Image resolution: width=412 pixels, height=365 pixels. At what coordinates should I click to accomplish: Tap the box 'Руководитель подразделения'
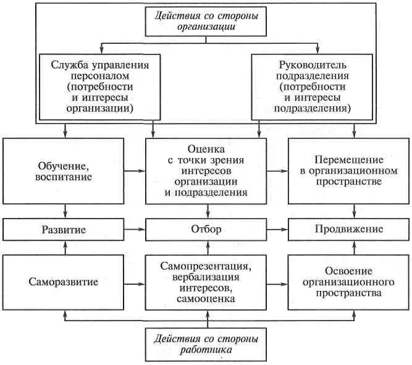(312, 85)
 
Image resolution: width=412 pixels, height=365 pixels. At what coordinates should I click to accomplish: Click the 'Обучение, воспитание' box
(64, 170)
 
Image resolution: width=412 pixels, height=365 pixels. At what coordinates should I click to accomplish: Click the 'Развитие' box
(64, 229)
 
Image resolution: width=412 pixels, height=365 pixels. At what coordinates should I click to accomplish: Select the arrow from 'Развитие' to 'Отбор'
(135, 229)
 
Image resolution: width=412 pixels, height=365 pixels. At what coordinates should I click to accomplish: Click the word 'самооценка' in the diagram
(207, 299)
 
